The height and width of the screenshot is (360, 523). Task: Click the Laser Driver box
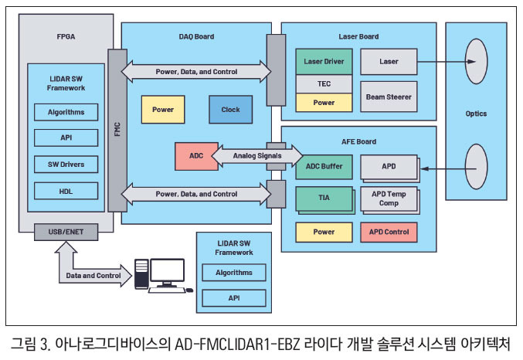point(324,61)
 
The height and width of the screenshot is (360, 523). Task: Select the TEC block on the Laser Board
point(324,84)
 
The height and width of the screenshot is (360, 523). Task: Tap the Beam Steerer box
point(389,97)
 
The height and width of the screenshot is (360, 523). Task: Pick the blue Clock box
point(230,110)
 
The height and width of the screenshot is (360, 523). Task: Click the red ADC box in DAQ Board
point(195,157)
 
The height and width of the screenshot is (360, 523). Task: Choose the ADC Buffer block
point(324,166)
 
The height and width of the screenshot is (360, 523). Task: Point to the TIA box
point(324,198)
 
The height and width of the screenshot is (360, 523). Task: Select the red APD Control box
point(389,231)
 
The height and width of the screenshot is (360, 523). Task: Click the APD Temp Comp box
point(389,199)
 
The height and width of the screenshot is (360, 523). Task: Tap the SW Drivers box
point(66,164)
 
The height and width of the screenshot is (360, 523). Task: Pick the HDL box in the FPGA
point(66,190)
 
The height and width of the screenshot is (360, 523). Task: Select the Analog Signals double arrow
point(246,156)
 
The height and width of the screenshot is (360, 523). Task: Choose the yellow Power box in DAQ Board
point(162,110)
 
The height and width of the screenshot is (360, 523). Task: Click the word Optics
point(476,114)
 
